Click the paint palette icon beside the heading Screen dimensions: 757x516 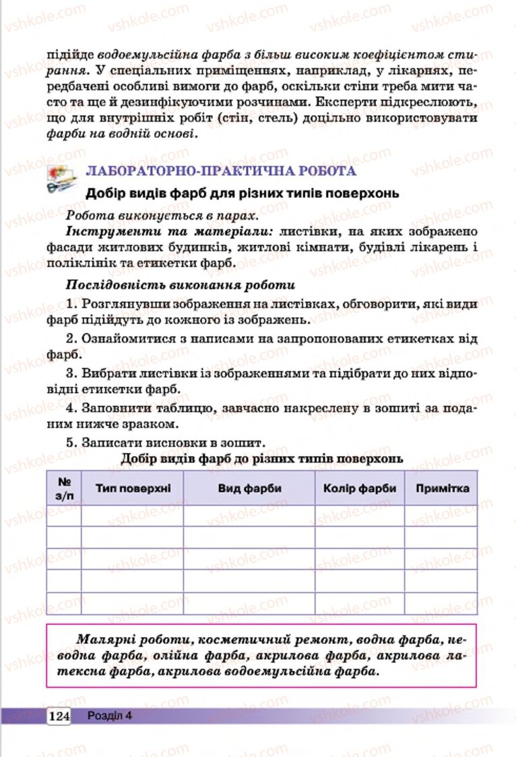pos(62,178)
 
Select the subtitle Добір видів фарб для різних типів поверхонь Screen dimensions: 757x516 pos(242,193)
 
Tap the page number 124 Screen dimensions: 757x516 pos(59,716)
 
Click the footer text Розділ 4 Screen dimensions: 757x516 pos(109,716)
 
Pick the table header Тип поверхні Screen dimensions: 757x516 pos(133,488)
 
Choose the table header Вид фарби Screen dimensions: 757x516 pos(249,488)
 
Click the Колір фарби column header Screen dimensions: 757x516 pos(360,488)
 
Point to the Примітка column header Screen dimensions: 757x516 pos(442,488)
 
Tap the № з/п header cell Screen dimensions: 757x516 pos(65,488)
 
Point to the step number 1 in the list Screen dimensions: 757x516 pos(69,304)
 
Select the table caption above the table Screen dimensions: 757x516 pos(262,459)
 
